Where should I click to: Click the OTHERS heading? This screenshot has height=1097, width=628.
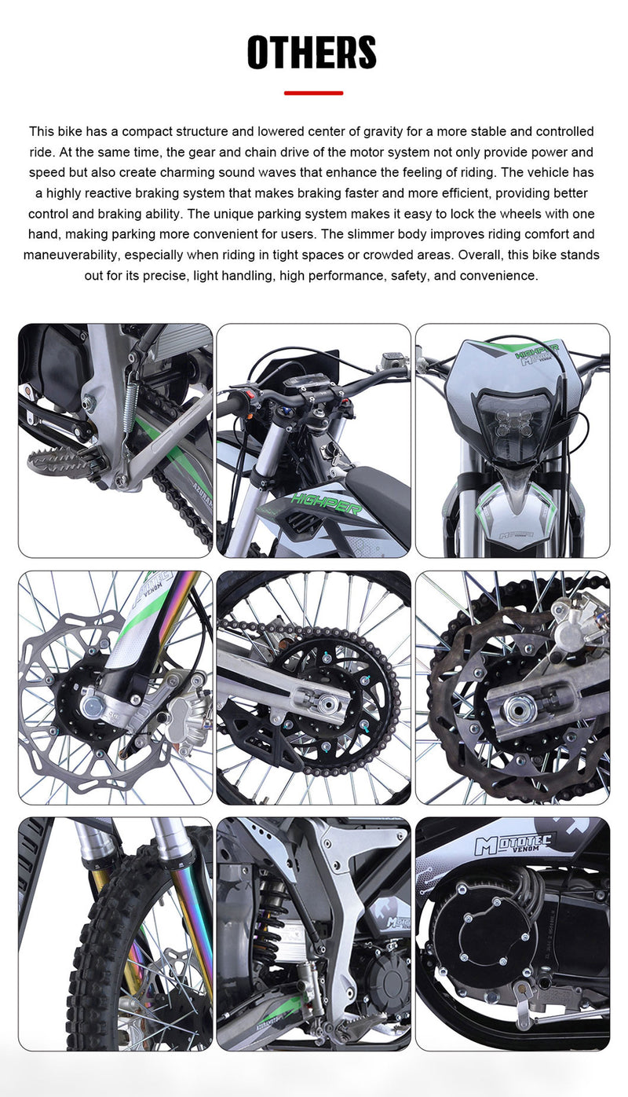(x=312, y=53)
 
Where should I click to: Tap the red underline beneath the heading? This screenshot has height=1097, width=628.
(x=313, y=93)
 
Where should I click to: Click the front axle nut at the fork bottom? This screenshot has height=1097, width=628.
(x=92, y=706)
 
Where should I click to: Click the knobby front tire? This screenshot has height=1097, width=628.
(x=94, y=967)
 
